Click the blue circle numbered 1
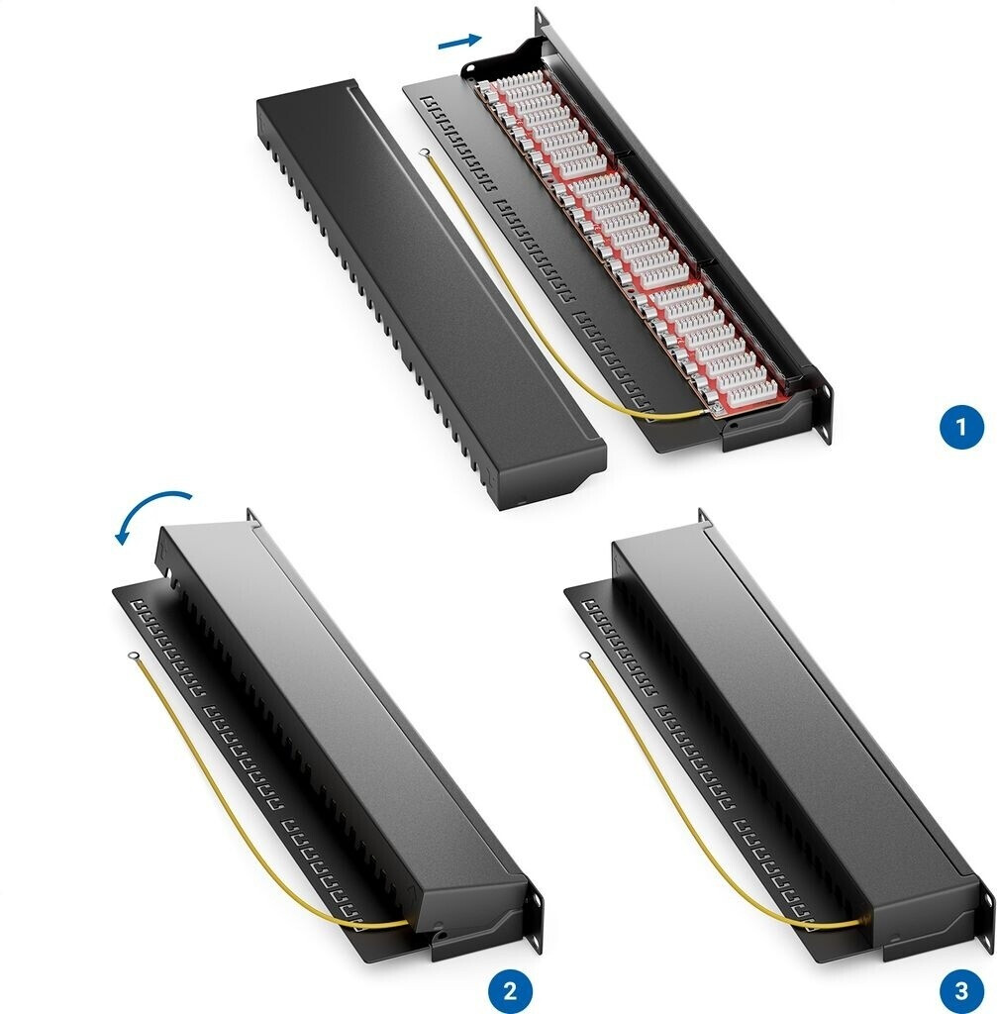[x=961, y=427]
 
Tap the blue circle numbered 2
[x=510, y=990]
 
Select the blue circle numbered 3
[x=961, y=990]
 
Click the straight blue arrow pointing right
[x=459, y=41]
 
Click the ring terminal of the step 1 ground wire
[x=425, y=153]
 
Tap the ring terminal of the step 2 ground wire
[x=133, y=656]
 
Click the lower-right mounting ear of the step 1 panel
[x=824, y=411]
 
